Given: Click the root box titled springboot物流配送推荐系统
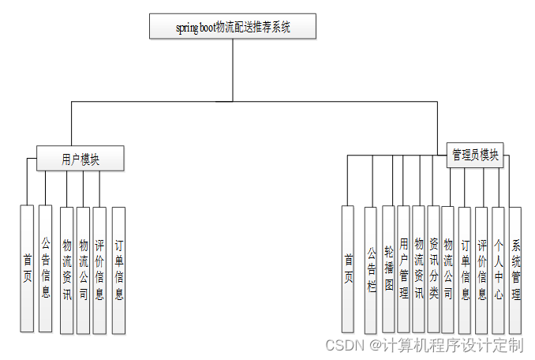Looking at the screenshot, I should (x=233, y=26).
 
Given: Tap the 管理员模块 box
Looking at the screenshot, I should (x=475, y=155).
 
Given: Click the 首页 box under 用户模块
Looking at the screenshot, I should (x=27, y=268).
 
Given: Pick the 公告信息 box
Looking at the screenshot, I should (x=46, y=268).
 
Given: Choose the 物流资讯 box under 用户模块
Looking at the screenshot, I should (x=66, y=268).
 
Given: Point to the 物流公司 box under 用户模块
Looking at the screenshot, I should (x=83, y=268).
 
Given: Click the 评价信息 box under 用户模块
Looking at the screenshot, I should (x=99, y=268).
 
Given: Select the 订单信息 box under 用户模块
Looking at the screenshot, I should (x=118, y=268).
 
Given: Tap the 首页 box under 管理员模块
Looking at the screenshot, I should (x=348, y=268).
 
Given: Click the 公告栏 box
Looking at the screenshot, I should (x=371, y=268).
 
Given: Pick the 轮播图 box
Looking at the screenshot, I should (x=388, y=268).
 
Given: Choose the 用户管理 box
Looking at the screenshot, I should (x=404, y=268).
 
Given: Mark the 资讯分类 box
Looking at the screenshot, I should (x=434, y=268).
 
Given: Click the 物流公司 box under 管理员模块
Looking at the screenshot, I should (x=448, y=268).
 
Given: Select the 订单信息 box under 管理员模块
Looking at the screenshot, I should (x=465, y=268).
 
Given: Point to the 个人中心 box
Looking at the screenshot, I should (x=498, y=268).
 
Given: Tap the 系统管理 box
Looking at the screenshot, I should (x=515, y=268).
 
